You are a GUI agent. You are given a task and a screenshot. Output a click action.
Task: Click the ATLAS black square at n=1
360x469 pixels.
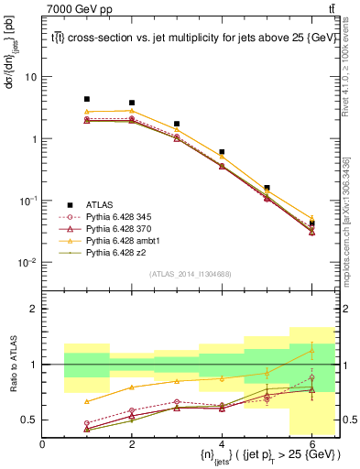coord(87,99)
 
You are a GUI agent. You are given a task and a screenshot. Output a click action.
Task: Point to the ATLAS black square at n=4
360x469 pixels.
coord(222,152)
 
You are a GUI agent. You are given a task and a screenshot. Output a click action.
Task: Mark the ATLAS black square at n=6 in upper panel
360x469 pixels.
coord(311,224)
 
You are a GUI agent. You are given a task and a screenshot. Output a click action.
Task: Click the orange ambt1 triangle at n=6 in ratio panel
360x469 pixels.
coord(311,351)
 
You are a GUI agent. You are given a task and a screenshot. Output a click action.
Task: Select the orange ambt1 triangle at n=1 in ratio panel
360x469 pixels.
coord(87,401)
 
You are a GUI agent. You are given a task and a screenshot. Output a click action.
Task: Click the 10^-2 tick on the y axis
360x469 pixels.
coord(29,263)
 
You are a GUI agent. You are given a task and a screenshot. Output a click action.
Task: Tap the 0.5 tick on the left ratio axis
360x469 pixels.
coord(31,420)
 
